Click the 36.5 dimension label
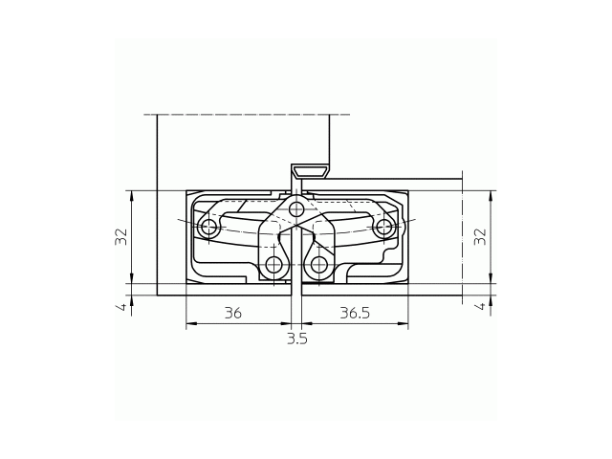[x=355, y=313]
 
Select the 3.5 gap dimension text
[x=297, y=339]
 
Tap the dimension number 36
[x=232, y=313]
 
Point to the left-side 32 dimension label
[x=121, y=236]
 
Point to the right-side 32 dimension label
[x=481, y=236]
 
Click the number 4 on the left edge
[x=121, y=307]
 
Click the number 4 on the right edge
[x=481, y=306]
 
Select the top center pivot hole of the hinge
[x=296, y=208]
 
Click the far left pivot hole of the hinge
[x=208, y=228]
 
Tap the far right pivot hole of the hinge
[x=384, y=227]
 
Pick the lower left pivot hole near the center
[x=274, y=264]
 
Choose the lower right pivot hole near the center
[x=319, y=264]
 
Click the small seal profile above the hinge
[x=310, y=172]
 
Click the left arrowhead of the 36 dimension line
[x=189, y=324]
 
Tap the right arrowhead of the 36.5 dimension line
[x=405, y=324]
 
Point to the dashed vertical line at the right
[x=462, y=239]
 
